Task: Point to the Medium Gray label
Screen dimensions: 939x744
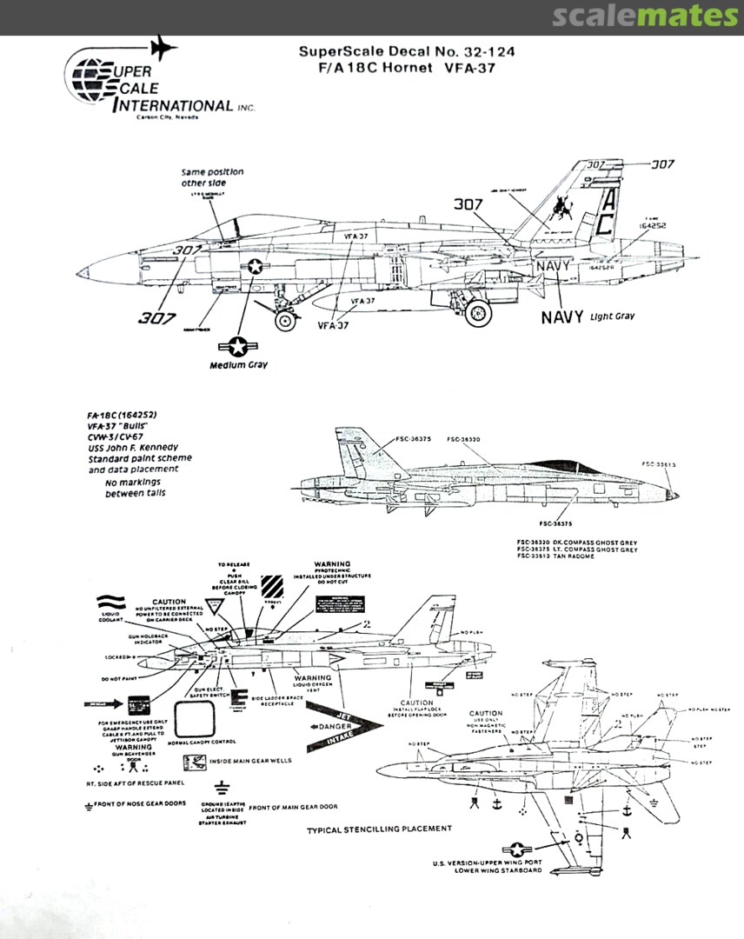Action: [238, 365]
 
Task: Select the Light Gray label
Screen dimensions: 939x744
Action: [613, 316]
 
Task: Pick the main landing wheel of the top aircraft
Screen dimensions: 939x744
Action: [477, 313]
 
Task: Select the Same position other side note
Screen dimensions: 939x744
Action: [212, 177]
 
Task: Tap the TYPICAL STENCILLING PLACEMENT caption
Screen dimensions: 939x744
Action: [379, 830]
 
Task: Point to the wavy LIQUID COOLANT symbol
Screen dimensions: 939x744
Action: [110, 602]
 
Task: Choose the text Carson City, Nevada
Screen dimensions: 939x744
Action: [161, 118]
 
